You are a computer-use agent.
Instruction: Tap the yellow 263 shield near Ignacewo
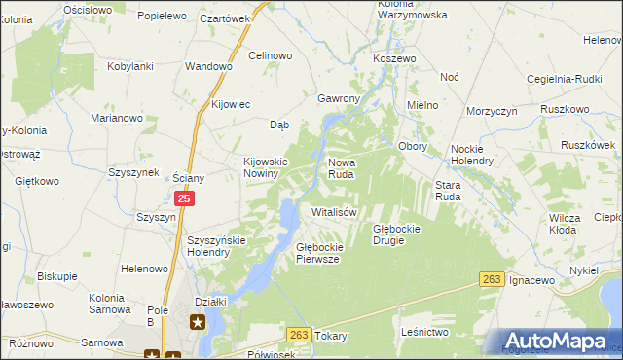coord(493,279)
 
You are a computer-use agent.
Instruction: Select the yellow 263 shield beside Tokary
coord(300,335)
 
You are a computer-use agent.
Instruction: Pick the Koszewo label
coord(394,58)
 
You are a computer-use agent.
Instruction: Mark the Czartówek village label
coord(225,18)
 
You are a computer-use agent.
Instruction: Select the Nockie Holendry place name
coord(472,154)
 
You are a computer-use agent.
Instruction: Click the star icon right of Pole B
coord(198,321)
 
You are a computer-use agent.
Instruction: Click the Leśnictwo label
coord(423,332)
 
